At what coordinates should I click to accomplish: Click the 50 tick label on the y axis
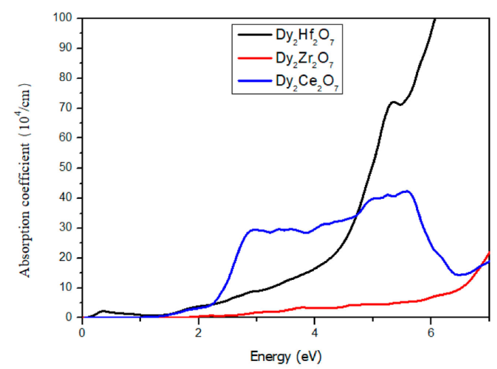[67, 167]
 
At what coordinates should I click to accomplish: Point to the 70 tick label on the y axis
[67, 108]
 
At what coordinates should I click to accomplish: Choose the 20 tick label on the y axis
[67, 257]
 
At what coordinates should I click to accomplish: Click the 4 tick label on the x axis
[314, 331]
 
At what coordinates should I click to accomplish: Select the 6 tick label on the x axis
[430, 331]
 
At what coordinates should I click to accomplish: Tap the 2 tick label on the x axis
[198, 331]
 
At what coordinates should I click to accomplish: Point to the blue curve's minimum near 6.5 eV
[459, 275]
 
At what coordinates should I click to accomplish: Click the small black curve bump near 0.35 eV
[103, 311]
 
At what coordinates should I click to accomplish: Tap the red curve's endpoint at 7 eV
[488, 252]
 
